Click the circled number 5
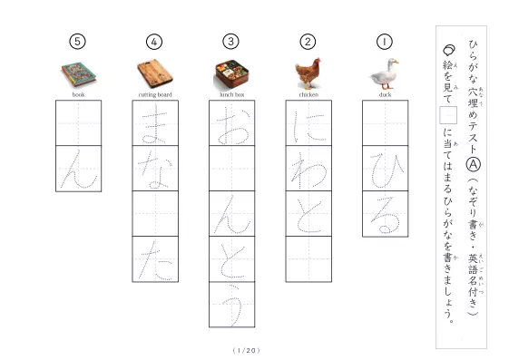click(x=77, y=42)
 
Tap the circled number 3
click(x=230, y=42)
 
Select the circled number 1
click(x=385, y=42)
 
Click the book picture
click(x=78, y=74)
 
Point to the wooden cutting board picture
click(x=155, y=73)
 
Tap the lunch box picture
click(x=231, y=74)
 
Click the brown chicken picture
click(x=308, y=73)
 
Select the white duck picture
click(x=385, y=74)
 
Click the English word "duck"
click(x=385, y=94)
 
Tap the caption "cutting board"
click(x=155, y=94)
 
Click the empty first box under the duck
click(x=386, y=123)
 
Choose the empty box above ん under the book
click(x=79, y=123)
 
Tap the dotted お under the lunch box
click(x=232, y=126)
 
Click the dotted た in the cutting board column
click(x=155, y=260)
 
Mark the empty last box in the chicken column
click(x=308, y=259)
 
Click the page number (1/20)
click(x=247, y=350)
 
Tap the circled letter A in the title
click(x=474, y=165)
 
